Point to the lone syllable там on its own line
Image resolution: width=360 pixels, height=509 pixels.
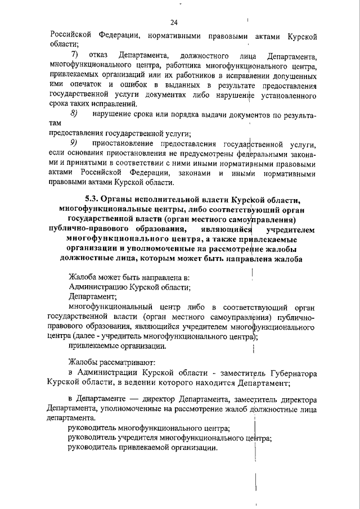tap(56, 124)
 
